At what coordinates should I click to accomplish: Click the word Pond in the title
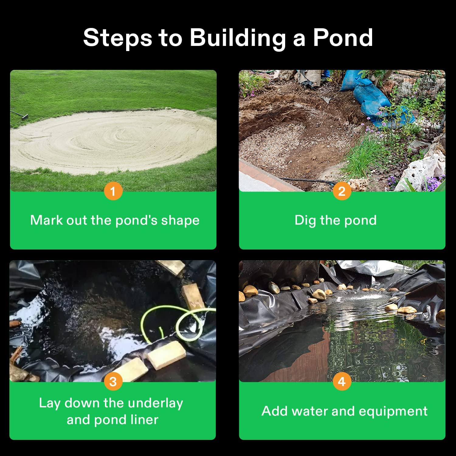343,38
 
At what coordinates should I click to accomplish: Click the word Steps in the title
117,38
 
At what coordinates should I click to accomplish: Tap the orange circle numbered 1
113,191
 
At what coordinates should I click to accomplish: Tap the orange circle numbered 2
342,191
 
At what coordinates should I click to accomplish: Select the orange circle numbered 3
113,382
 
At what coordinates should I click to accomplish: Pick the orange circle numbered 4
342,382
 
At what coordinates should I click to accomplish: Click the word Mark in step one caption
47,220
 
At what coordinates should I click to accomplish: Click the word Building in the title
237,38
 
